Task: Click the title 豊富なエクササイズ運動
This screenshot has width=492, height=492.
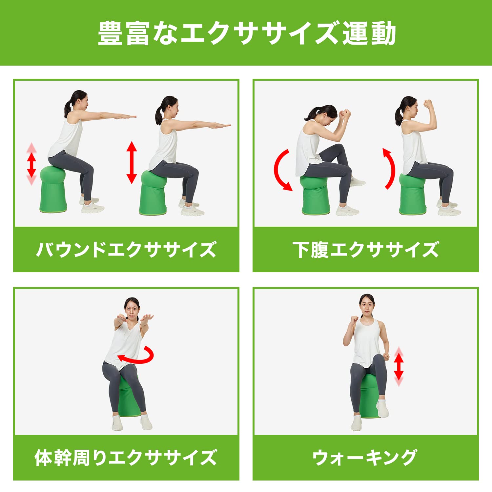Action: (247, 33)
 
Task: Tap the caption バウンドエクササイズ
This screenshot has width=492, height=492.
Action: (126, 250)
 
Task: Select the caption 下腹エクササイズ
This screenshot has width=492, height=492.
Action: (365, 250)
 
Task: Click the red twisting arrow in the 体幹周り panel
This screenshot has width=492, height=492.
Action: (138, 356)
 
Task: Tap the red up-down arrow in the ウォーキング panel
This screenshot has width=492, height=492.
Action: (399, 366)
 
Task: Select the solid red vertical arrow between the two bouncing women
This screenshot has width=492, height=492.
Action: (132, 162)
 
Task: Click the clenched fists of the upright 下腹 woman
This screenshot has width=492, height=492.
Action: (427, 104)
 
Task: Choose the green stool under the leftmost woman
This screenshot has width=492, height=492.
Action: (53, 190)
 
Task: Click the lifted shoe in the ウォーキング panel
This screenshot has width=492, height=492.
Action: (382, 408)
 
